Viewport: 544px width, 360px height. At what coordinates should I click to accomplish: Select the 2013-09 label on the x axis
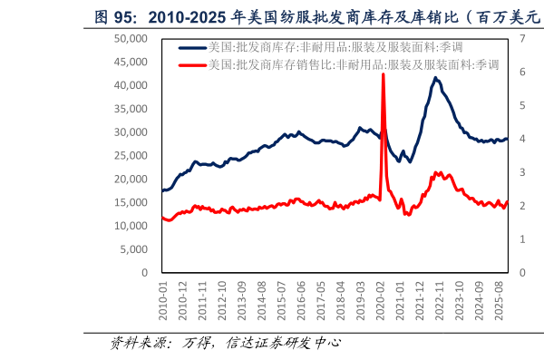point(240,297)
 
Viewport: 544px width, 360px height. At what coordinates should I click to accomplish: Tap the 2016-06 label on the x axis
point(298,297)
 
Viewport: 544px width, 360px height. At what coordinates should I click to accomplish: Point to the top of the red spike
point(383,74)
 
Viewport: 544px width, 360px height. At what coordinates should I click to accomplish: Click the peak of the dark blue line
point(436,78)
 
